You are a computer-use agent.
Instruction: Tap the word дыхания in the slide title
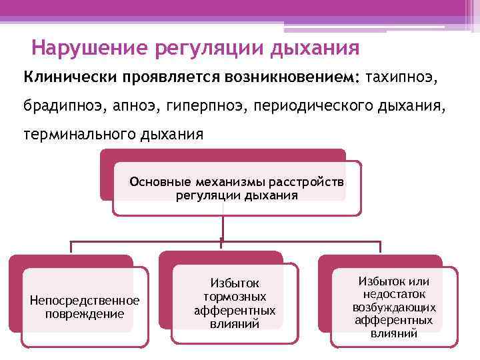click(x=315, y=49)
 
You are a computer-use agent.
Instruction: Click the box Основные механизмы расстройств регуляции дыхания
click(x=237, y=188)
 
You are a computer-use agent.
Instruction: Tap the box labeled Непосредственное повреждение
click(x=85, y=307)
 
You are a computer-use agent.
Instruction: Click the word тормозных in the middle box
click(x=235, y=297)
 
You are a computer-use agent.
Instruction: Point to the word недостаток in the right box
click(x=395, y=293)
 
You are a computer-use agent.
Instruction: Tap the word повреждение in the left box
click(x=85, y=313)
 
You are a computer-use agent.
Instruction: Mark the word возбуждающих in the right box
click(x=395, y=307)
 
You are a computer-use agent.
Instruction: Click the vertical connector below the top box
click(x=222, y=227)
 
